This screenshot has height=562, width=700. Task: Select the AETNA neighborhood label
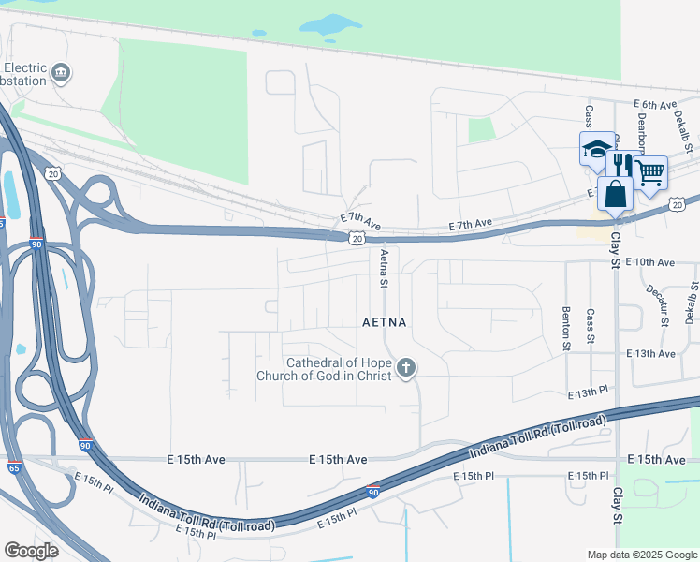385,322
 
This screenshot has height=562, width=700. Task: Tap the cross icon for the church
405,369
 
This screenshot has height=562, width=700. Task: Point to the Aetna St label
383,268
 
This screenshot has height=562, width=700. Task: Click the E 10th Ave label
649,262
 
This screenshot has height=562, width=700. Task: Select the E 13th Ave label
649,353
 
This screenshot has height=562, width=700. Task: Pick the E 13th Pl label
589,397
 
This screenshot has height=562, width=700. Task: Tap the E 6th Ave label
654,105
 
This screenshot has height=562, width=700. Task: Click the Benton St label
566,329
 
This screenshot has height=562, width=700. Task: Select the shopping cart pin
649,172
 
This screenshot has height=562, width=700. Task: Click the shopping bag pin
615,195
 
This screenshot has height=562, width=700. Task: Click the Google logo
31,551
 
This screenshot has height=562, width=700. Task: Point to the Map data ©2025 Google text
641,555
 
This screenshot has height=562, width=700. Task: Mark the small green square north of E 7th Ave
481,130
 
